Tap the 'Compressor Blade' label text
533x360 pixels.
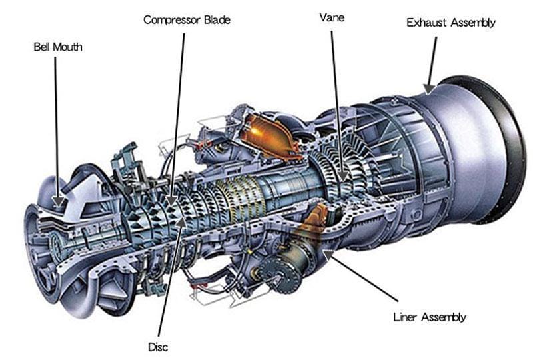tap(187, 19)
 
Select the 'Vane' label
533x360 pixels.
tap(332, 17)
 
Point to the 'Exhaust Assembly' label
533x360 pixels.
tap(451, 23)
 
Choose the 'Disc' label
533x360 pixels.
tap(159, 347)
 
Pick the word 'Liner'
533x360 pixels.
tap(406, 317)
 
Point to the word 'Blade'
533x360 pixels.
tap(217, 19)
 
